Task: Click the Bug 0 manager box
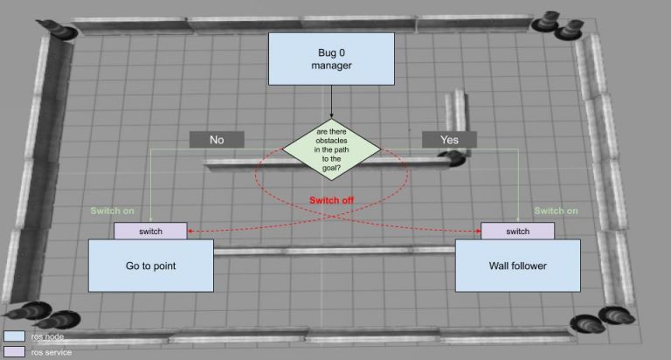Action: click(331, 59)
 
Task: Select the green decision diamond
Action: click(331, 149)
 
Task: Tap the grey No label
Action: click(217, 140)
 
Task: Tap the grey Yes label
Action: click(449, 140)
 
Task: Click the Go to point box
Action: click(151, 266)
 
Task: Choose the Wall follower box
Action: click(518, 266)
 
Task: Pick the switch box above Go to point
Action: click(150, 232)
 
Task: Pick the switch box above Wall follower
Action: click(518, 232)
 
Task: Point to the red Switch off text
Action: click(332, 200)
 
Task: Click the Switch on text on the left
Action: click(112, 211)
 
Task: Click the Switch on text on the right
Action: click(556, 211)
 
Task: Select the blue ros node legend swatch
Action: click(14, 336)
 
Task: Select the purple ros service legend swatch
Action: click(14, 352)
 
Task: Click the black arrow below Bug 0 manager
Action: click(331, 102)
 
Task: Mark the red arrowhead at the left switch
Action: click(190, 232)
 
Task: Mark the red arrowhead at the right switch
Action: click(478, 232)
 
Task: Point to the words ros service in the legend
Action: click(52, 352)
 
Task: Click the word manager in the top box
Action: click(332, 66)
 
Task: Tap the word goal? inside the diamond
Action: click(332, 168)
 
